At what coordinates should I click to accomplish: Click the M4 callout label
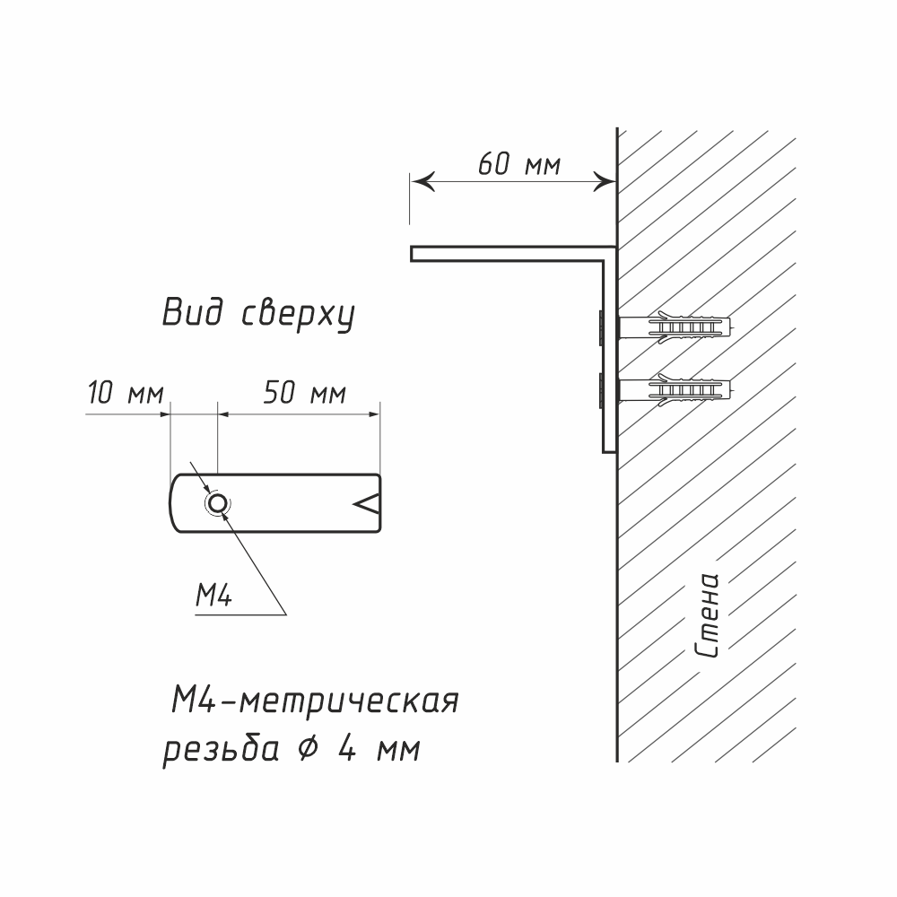coord(213,595)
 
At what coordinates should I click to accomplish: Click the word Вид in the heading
coord(189,313)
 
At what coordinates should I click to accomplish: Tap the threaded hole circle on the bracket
coord(216,504)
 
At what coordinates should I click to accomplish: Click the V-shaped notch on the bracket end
coord(368,504)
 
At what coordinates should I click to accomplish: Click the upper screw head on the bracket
coord(597,327)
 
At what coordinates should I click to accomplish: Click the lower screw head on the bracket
coord(597,389)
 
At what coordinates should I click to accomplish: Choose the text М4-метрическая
coord(314,700)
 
